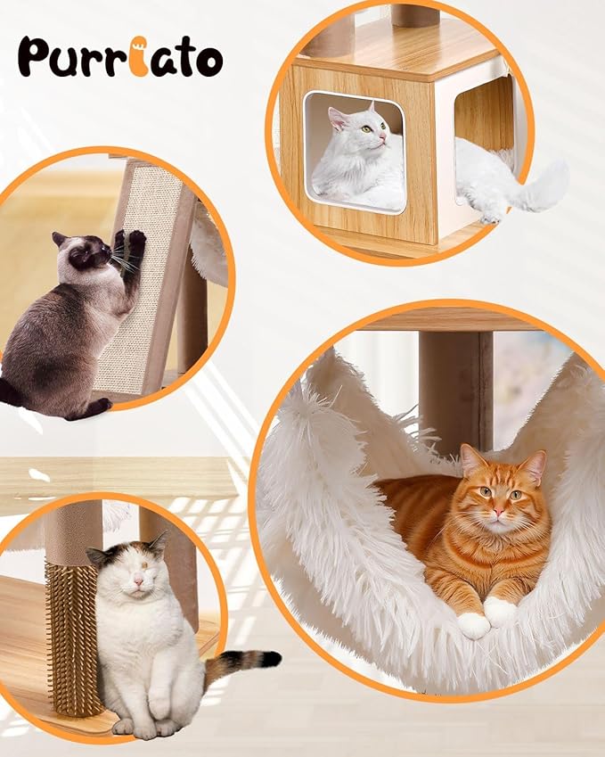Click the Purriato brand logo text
coord(120,58)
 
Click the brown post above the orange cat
coord(455,383)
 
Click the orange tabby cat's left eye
coord(513,492)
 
